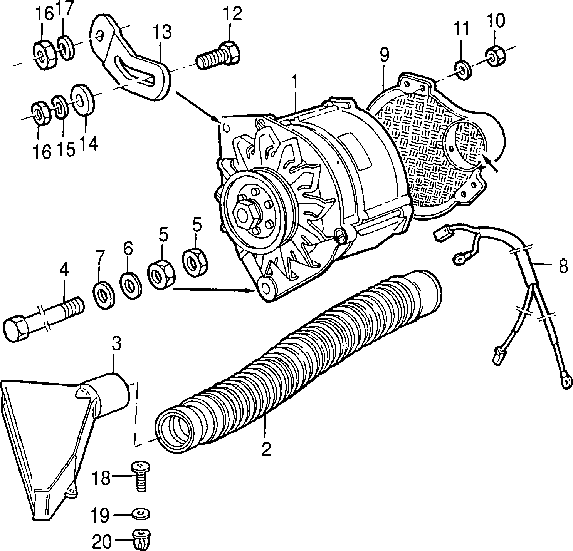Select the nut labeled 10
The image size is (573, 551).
(495, 55)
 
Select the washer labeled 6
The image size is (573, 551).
(131, 285)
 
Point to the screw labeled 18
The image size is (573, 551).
(141, 476)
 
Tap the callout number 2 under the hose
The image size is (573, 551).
(266, 449)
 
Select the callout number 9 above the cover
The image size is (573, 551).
(385, 55)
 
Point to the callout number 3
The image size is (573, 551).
(116, 343)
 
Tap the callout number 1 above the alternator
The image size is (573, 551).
(294, 83)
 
